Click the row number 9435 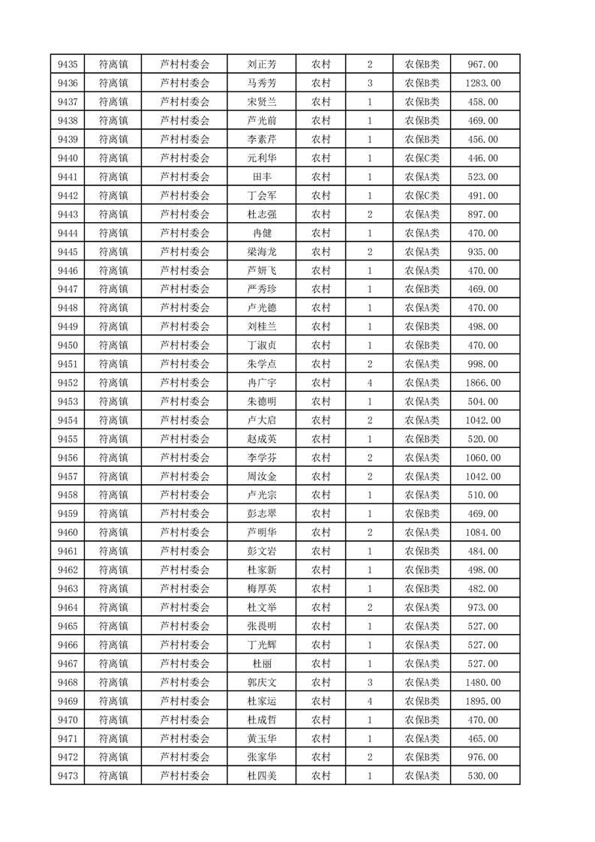68,65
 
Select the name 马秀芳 262,83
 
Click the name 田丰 262,177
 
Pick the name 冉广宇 262,383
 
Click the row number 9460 68,533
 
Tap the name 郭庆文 262,682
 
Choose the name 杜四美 262,776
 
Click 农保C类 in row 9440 422,158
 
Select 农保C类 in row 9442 422,196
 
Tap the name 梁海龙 262,251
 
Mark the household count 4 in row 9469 370,701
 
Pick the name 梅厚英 262,588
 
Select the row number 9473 68,776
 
